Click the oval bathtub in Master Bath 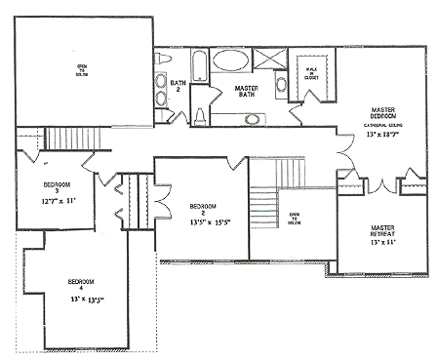[x=232, y=61]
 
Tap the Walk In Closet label [x=311, y=72]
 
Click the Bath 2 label [x=178, y=87]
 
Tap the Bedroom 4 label [x=80, y=285]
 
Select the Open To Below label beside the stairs [x=293, y=220]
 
